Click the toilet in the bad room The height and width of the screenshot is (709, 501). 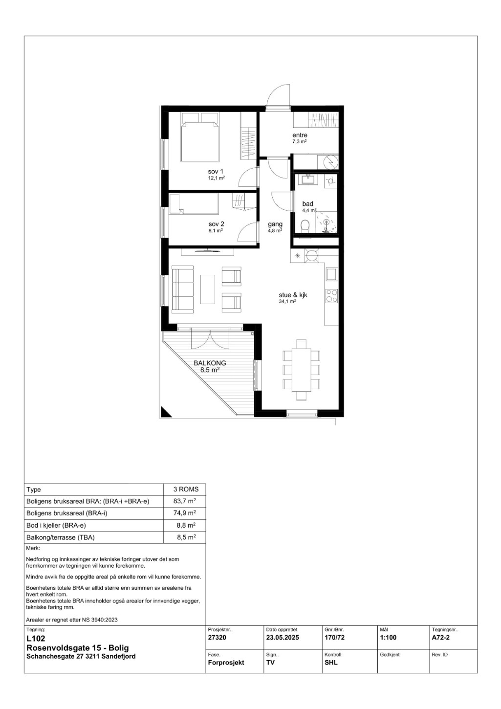(305, 226)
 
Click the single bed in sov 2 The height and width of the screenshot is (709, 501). (194, 204)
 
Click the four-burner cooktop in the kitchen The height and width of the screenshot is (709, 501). (331, 296)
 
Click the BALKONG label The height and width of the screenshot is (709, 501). (210, 363)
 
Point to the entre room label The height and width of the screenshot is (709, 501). (300, 135)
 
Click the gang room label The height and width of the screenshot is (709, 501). (275, 224)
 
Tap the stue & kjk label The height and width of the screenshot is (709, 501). (293, 295)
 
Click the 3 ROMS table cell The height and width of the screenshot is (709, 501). (186, 489)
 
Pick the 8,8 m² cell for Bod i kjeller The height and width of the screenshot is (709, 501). (186, 525)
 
